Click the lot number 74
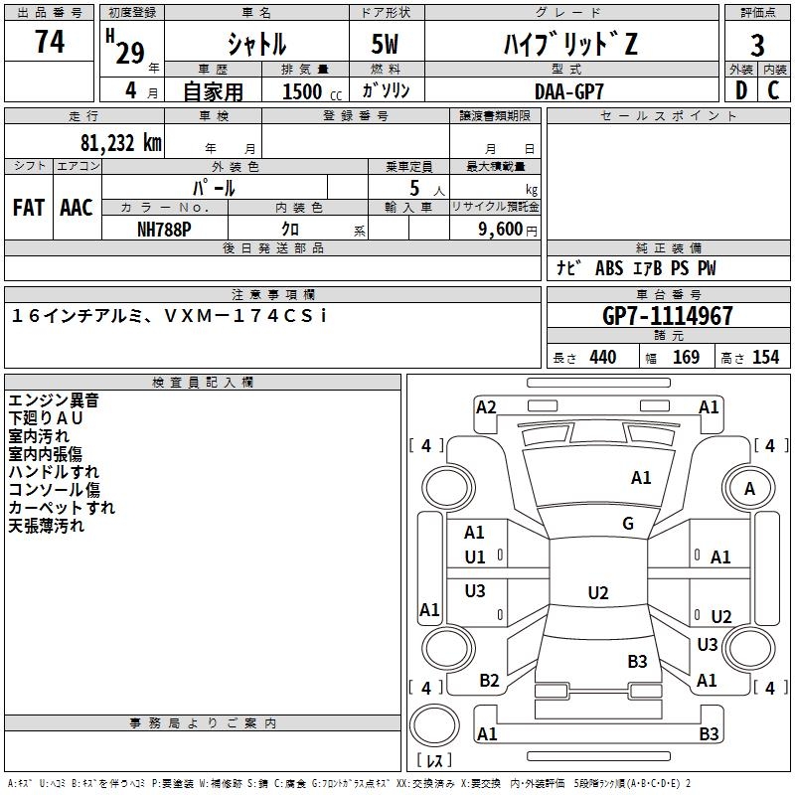pos(50,41)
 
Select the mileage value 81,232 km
pos(121,142)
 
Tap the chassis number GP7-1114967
pos(667,315)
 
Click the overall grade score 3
pos(757,45)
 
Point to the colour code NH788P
pos(164,230)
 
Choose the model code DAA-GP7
pos(568,91)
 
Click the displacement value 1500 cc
pos(312,91)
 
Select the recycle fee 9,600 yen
pos(508,230)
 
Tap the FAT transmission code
pos(29,208)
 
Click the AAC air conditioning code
pos(77,208)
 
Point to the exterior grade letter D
pos(741,90)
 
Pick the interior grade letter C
pos(773,90)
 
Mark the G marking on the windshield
pos(628,523)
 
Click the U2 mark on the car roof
pos(598,592)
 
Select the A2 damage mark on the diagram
pos(486,407)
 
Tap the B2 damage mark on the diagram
pos(489,681)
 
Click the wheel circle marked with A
pos(749,488)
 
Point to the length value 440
pos(603,357)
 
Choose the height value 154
pos(765,357)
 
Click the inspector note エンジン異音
pos(54,400)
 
